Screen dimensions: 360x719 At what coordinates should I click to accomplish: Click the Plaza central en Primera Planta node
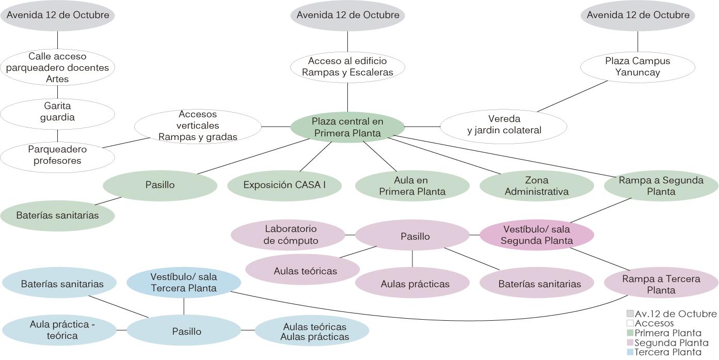[347, 127]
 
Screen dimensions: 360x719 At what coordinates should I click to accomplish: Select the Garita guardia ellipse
[57, 112]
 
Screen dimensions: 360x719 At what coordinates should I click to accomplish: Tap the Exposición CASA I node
[284, 185]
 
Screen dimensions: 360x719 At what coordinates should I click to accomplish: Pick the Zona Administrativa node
[537, 186]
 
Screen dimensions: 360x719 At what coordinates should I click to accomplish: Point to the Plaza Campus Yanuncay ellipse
[637, 67]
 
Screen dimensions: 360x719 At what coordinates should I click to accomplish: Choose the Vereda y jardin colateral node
[504, 124]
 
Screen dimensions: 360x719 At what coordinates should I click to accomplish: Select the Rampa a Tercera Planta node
[661, 284]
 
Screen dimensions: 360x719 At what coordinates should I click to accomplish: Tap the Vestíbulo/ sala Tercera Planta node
[184, 283]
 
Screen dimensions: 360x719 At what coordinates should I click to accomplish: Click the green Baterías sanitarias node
[57, 215]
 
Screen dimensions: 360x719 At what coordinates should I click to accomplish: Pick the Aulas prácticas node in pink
[412, 284]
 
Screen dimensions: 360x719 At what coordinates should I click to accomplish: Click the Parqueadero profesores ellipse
[57, 155]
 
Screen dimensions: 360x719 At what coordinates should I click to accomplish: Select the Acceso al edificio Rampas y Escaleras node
[347, 67]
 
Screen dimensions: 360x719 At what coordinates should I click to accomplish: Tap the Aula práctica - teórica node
[59, 330]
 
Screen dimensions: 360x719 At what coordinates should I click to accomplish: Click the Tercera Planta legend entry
[668, 352]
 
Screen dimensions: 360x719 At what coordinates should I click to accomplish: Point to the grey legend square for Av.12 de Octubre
[630, 314]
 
